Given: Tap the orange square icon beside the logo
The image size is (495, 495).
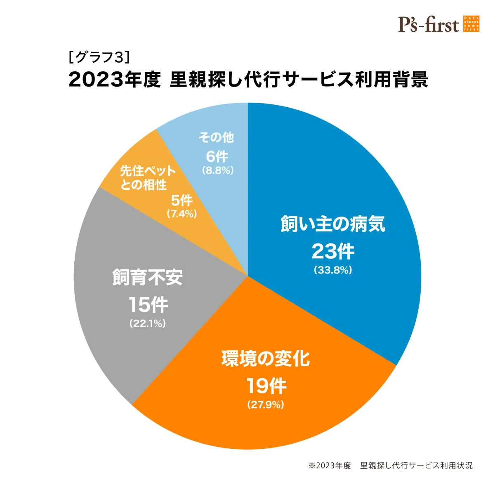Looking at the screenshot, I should coord(471,24).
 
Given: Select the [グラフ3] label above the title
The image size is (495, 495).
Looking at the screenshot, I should coord(99,57).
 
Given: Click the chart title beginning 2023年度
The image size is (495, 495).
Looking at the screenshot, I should coord(248,79).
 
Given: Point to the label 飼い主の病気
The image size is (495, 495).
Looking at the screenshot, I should coord(333,224).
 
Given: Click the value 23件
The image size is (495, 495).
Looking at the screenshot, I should coord(333,251).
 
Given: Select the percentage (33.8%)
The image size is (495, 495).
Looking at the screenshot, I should coord(333,270).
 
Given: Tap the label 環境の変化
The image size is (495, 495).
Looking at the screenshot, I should coord(266,358).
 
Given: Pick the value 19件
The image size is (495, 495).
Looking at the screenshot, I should coord(266,386).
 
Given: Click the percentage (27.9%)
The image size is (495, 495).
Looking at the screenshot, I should coord(266,405).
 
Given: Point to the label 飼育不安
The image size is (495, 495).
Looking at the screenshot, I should coord(148,277).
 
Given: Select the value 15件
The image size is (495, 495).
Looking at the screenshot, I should coord(148,305).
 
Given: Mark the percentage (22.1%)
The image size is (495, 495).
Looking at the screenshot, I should coord(148,324).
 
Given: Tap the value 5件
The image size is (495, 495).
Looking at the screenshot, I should coord(181,200).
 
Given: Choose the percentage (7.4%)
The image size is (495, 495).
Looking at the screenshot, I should coord(181,214).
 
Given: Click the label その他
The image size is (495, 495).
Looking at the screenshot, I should coord(216,137).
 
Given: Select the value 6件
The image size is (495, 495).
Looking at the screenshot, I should coord(217,156).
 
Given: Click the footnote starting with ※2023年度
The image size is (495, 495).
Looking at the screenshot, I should coord(390,465).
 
